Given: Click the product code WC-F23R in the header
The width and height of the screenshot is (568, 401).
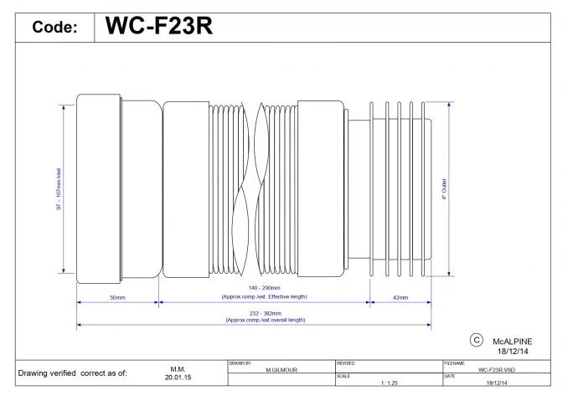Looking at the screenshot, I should [158, 27].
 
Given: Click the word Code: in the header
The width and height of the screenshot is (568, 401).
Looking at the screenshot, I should [55, 28].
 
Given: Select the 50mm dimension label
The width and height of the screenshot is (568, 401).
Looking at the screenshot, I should [117, 298].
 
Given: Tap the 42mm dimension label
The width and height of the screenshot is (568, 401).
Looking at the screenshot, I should [400, 298].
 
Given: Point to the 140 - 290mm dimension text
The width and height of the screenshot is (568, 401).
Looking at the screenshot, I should [264, 288].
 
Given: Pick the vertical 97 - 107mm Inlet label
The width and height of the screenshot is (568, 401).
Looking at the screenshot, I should [59, 194].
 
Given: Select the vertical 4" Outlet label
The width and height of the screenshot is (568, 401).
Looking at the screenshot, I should [444, 193].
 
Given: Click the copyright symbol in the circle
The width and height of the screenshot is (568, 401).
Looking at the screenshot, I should [475, 339].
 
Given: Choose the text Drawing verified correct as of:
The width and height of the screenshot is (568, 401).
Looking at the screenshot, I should [74, 373].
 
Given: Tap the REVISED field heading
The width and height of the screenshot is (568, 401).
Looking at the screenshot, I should [345, 363].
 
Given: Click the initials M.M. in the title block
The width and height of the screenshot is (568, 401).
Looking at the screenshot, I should [177, 368].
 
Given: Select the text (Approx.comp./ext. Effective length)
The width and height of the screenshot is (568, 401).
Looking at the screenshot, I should [264, 296].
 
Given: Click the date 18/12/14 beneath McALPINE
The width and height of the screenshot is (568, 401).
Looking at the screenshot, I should [512, 352].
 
